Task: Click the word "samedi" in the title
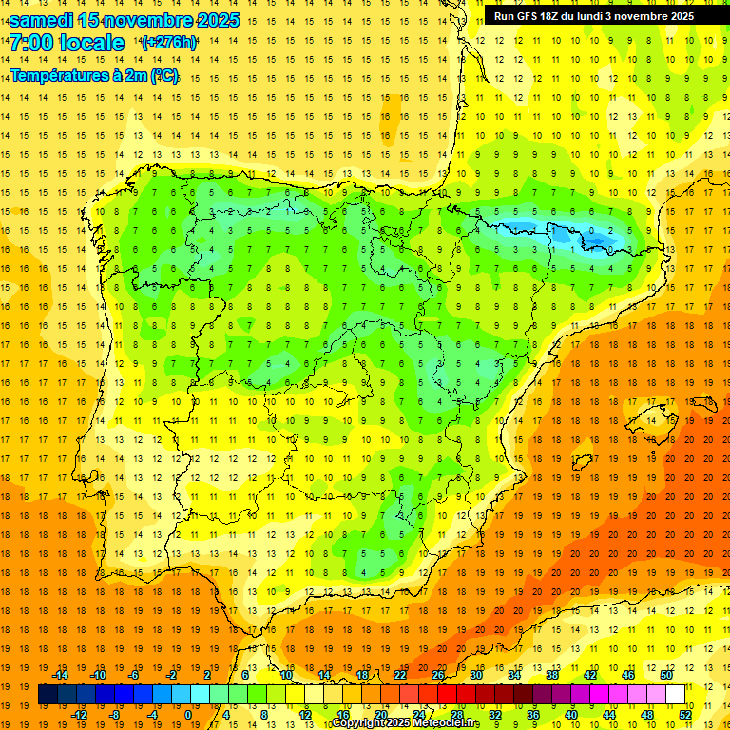pos(41,20)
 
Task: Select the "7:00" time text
pos(31,43)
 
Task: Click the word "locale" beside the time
pos(92,43)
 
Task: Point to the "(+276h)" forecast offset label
pos(168,43)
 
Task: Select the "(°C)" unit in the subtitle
pos(163,75)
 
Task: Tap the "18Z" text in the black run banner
pos(552,16)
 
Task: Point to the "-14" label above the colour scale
pos(61,675)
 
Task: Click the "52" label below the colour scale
pos(685,715)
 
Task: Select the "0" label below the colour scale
pos(188,715)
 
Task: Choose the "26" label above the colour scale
pos(438,675)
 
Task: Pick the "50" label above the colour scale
pos(665,675)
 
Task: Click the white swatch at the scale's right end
pos(676,695)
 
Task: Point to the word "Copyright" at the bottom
pos(358,723)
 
